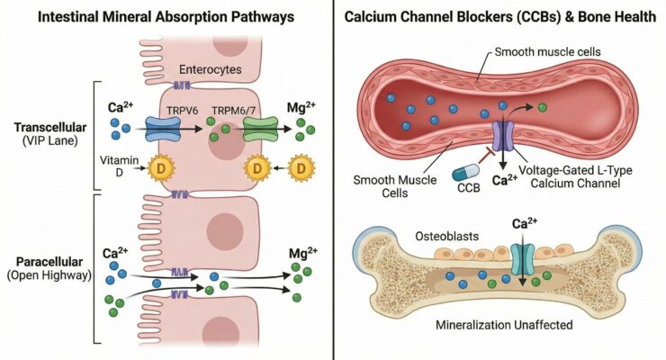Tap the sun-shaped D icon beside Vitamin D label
coord(159,167)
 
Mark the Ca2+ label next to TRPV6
coord(121,108)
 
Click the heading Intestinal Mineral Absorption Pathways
coord(164,18)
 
